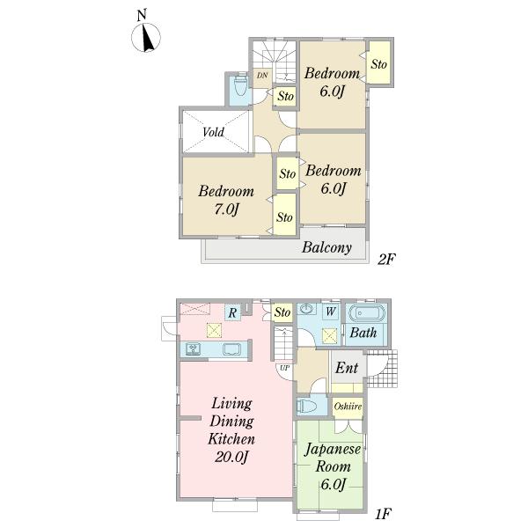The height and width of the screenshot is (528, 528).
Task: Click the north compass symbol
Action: (x=146, y=35)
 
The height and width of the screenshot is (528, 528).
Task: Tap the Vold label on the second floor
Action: (x=213, y=133)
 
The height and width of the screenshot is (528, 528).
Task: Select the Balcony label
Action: (x=326, y=248)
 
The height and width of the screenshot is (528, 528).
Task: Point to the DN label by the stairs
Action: (x=261, y=77)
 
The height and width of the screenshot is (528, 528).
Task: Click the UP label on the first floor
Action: (x=284, y=367)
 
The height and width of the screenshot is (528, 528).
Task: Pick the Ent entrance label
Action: (x=347, y=368)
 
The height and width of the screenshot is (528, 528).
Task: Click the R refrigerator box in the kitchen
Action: (x=231, y=312)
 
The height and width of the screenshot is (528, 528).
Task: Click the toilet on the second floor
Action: (x=238, y=89)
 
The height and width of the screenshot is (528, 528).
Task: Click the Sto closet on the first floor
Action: (x=282, y=312)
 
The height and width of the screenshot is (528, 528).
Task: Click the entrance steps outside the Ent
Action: (x=385, y=368)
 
